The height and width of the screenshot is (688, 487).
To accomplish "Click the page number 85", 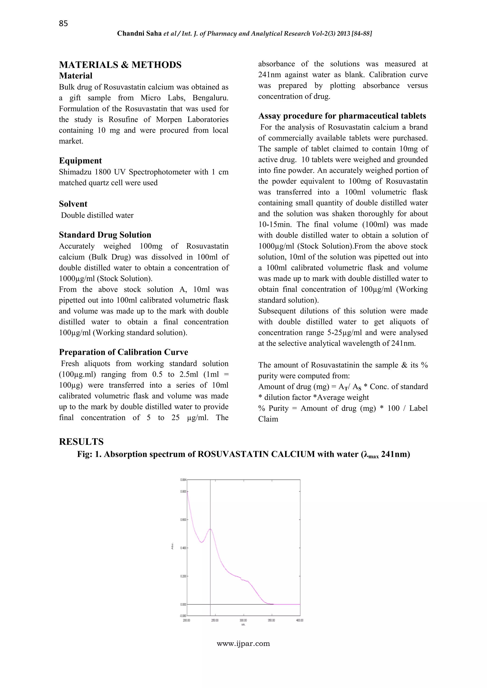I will (63, 23).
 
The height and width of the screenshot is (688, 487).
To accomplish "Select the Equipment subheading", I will (80, 161).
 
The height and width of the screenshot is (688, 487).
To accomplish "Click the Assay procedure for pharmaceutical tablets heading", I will (342, 116).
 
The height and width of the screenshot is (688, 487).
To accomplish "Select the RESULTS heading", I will (81, 442).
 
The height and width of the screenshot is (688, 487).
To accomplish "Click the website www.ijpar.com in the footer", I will (243, 644).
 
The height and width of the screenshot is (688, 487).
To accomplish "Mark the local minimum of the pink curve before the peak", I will (202, 542).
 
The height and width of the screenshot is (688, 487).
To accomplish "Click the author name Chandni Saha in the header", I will (139, 33).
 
